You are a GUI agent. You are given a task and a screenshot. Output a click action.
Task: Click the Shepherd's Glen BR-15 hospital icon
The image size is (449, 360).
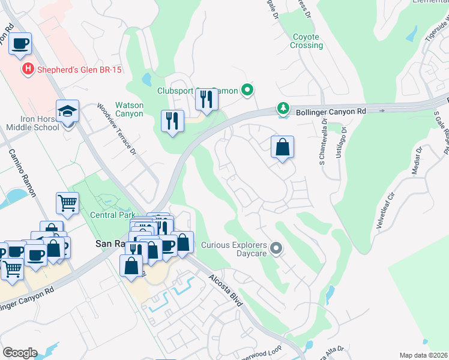click(x=27, y=70)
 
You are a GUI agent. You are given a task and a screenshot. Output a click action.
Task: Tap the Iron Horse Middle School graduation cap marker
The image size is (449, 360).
click(x=67, y=112)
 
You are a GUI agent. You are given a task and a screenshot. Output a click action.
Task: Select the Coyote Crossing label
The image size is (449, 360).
click(x=307, y=41)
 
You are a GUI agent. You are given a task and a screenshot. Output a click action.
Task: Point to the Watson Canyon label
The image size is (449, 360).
click(x=129, y=109)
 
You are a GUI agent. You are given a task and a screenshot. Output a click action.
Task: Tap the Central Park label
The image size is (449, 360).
click(x=110, y=215)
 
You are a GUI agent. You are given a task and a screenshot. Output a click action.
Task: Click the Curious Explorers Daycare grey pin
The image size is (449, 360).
click(x=276, y=248)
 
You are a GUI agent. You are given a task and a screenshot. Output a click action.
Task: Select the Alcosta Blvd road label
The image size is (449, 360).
click(x=226, y=290)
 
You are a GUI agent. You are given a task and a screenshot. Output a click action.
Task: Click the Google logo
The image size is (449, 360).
click(x=20, y=353)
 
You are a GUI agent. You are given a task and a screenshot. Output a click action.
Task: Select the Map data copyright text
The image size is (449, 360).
click(x=423, y=355)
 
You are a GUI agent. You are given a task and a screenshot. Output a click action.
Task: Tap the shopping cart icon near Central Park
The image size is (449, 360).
click(x=68, y=203)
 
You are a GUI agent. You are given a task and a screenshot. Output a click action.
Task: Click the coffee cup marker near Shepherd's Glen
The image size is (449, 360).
click(x=20, y=44)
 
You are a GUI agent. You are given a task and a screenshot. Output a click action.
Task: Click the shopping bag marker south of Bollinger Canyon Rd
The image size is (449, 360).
click(x=282, y=147)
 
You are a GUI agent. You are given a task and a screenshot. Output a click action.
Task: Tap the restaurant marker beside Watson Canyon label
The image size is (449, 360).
click(x=173, y=121)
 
